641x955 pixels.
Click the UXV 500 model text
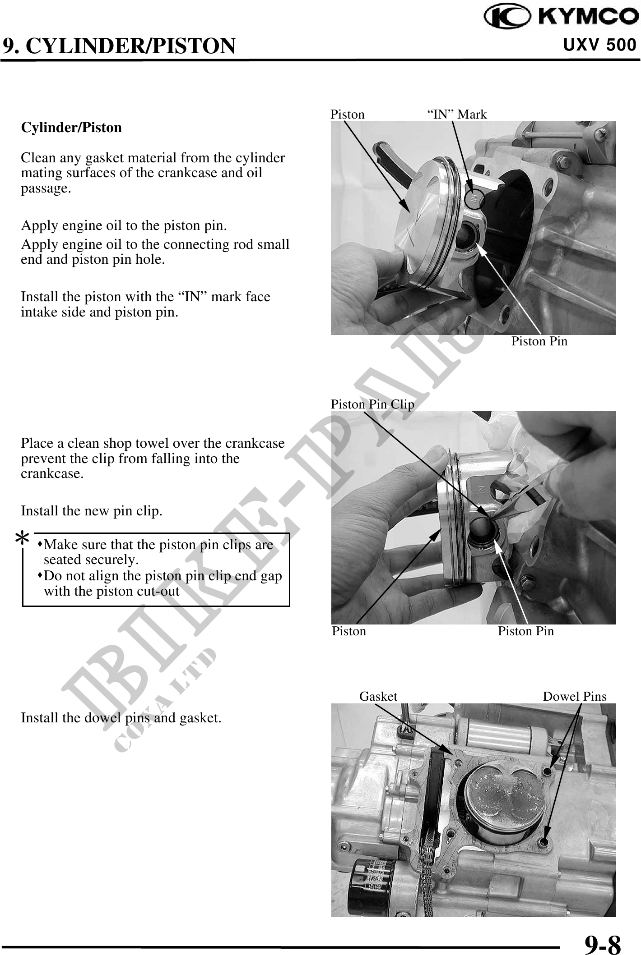600,45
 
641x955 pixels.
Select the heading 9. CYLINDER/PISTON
119,46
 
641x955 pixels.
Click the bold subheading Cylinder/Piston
71,128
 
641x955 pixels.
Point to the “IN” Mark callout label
457,114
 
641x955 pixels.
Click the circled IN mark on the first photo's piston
474,199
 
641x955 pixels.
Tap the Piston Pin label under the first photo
539,341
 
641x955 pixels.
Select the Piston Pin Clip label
372,404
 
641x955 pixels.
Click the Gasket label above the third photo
378,696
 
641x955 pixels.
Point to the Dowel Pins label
575,696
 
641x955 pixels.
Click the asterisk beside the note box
23,538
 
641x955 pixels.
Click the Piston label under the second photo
349,631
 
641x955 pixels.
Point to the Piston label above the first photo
348,114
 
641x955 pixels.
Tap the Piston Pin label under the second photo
526,631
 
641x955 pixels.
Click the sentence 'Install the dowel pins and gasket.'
121,718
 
